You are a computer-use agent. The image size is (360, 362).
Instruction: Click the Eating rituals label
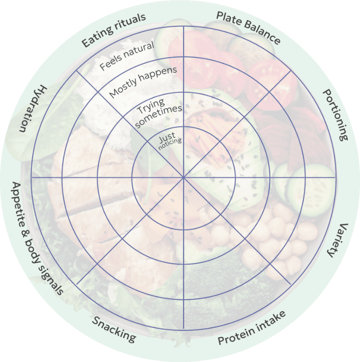[113, 30]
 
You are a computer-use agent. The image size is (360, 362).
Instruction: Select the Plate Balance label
[248, 28]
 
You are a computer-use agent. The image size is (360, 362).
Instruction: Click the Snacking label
[113, 329]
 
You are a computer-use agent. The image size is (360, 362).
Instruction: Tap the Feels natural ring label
[127, 56]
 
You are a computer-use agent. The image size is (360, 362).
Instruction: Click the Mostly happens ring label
[143, 82]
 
